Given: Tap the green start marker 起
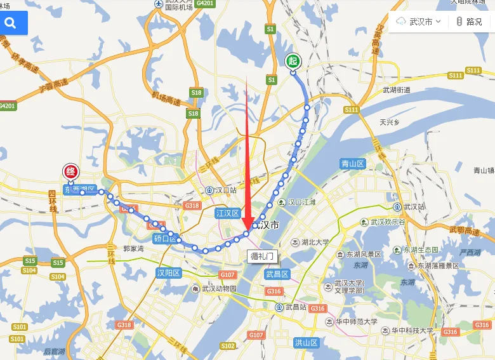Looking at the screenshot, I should coord(293,61).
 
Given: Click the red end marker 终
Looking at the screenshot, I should coord(70,171).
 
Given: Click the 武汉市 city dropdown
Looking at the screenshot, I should coord(419,22).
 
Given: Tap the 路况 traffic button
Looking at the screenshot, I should coord(470,22).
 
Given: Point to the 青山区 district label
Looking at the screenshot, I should coord(352,163).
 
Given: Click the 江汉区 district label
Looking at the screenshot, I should coord(227,213).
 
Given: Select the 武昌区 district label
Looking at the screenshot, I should coord(277,274).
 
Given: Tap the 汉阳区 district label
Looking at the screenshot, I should coord(169,273).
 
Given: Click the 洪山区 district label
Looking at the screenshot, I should coord(306,342).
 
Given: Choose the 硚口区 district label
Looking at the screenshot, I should coord(165,239).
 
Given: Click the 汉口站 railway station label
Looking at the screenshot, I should coord(223,190).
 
